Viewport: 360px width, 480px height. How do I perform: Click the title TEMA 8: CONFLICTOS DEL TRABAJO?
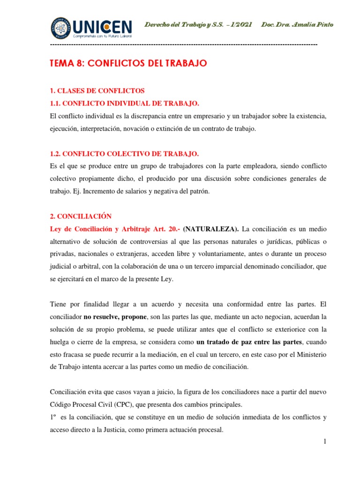tap(128, 64)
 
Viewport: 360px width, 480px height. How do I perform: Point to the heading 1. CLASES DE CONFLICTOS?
tap(97, 90)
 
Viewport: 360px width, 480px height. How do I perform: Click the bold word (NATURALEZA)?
tap(211, 229)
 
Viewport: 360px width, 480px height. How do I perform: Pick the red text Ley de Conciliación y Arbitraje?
tap(103, 229)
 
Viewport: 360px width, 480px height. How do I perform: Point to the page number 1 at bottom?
tap(311, 441)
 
